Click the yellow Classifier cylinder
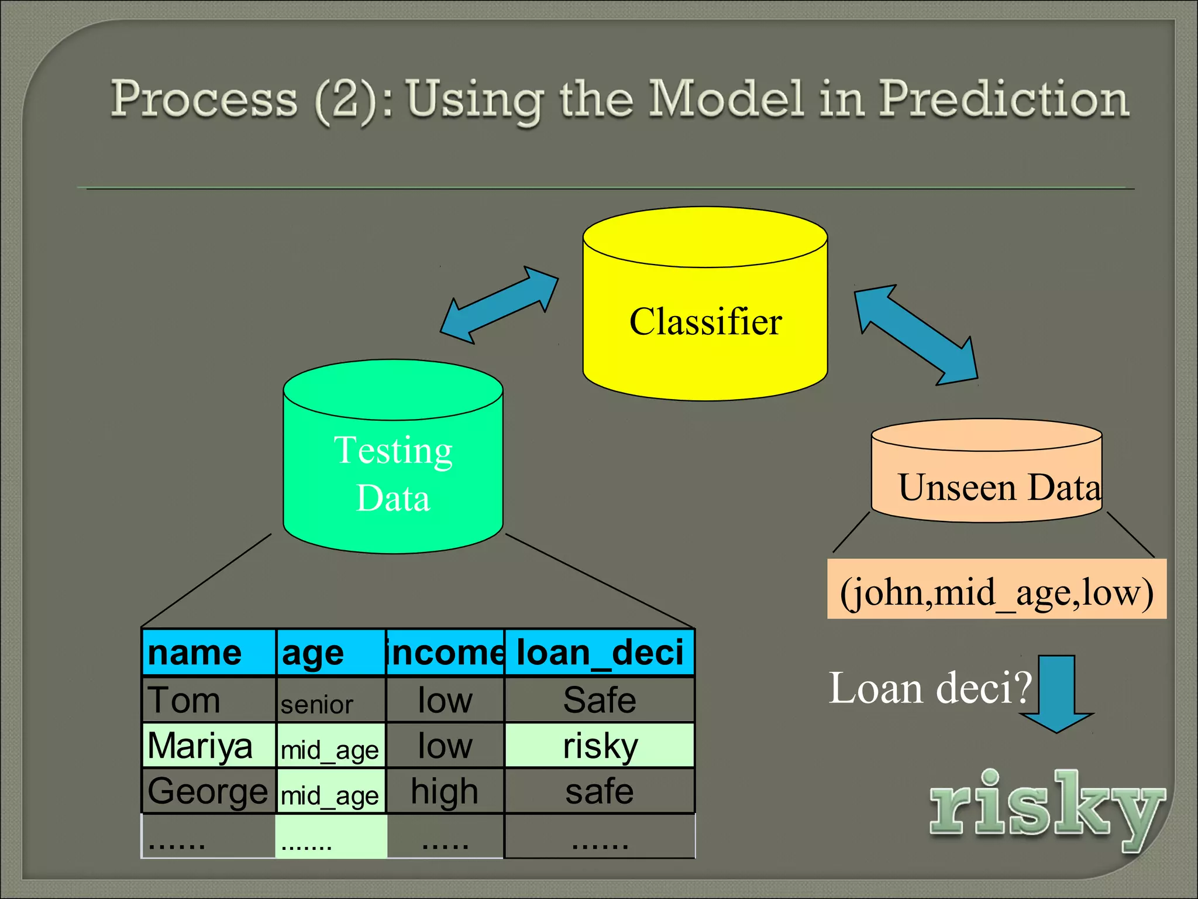pos(705,322)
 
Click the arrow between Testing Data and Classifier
pos(499,305)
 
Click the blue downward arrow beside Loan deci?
pos(1056,694)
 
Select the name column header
pos(209,653)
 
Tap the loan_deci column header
pos(599,653)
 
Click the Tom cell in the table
pos(209,700)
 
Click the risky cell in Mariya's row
pos(599,746)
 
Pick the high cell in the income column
pos(445,791)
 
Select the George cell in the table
pos(209,791)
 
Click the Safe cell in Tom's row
pos(599,700)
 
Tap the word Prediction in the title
pos(1003,99)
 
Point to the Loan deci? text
pos(930,688)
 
